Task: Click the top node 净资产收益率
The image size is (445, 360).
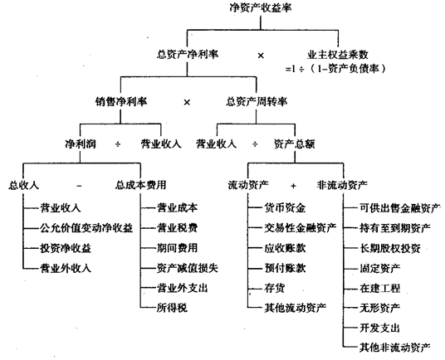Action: click(x=261, y=7)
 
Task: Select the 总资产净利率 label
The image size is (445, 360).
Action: click(x=188, y=54)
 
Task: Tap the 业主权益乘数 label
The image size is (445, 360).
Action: click(x=337, y=55)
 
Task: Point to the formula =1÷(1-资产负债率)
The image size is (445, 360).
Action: click(x=335, y=69)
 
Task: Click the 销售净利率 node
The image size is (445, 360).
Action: click(x=121, y=101)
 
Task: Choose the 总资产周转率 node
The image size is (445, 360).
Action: click(x=257, y=101)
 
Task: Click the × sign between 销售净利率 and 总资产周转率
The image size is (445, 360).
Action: click(x=187, y=102)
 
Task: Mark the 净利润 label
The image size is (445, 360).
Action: click(x=81, y=144)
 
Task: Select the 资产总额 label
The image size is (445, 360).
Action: click(x=295, y=144)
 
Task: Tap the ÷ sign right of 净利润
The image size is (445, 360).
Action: click(x=118, y=144)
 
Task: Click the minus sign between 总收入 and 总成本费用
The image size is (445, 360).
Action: click(x=79, y=186)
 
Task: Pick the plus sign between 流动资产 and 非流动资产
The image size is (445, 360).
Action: click(x=293, y=186)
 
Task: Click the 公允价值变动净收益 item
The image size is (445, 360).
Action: click(x=86, y=228)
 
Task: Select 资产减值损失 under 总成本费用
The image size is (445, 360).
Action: click(x=188, y=268)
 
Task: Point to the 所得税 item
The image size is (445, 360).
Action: click(x=172, y=308)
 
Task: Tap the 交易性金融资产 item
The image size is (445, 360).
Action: click(x=301, y=227)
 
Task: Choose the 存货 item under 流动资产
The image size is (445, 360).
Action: click(x=275, y=288)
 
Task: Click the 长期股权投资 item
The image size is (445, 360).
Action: click(x=390, y=248)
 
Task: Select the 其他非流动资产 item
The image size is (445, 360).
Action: click(x=395, y=348)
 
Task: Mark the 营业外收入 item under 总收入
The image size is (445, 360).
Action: click(x=66, y=268)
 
